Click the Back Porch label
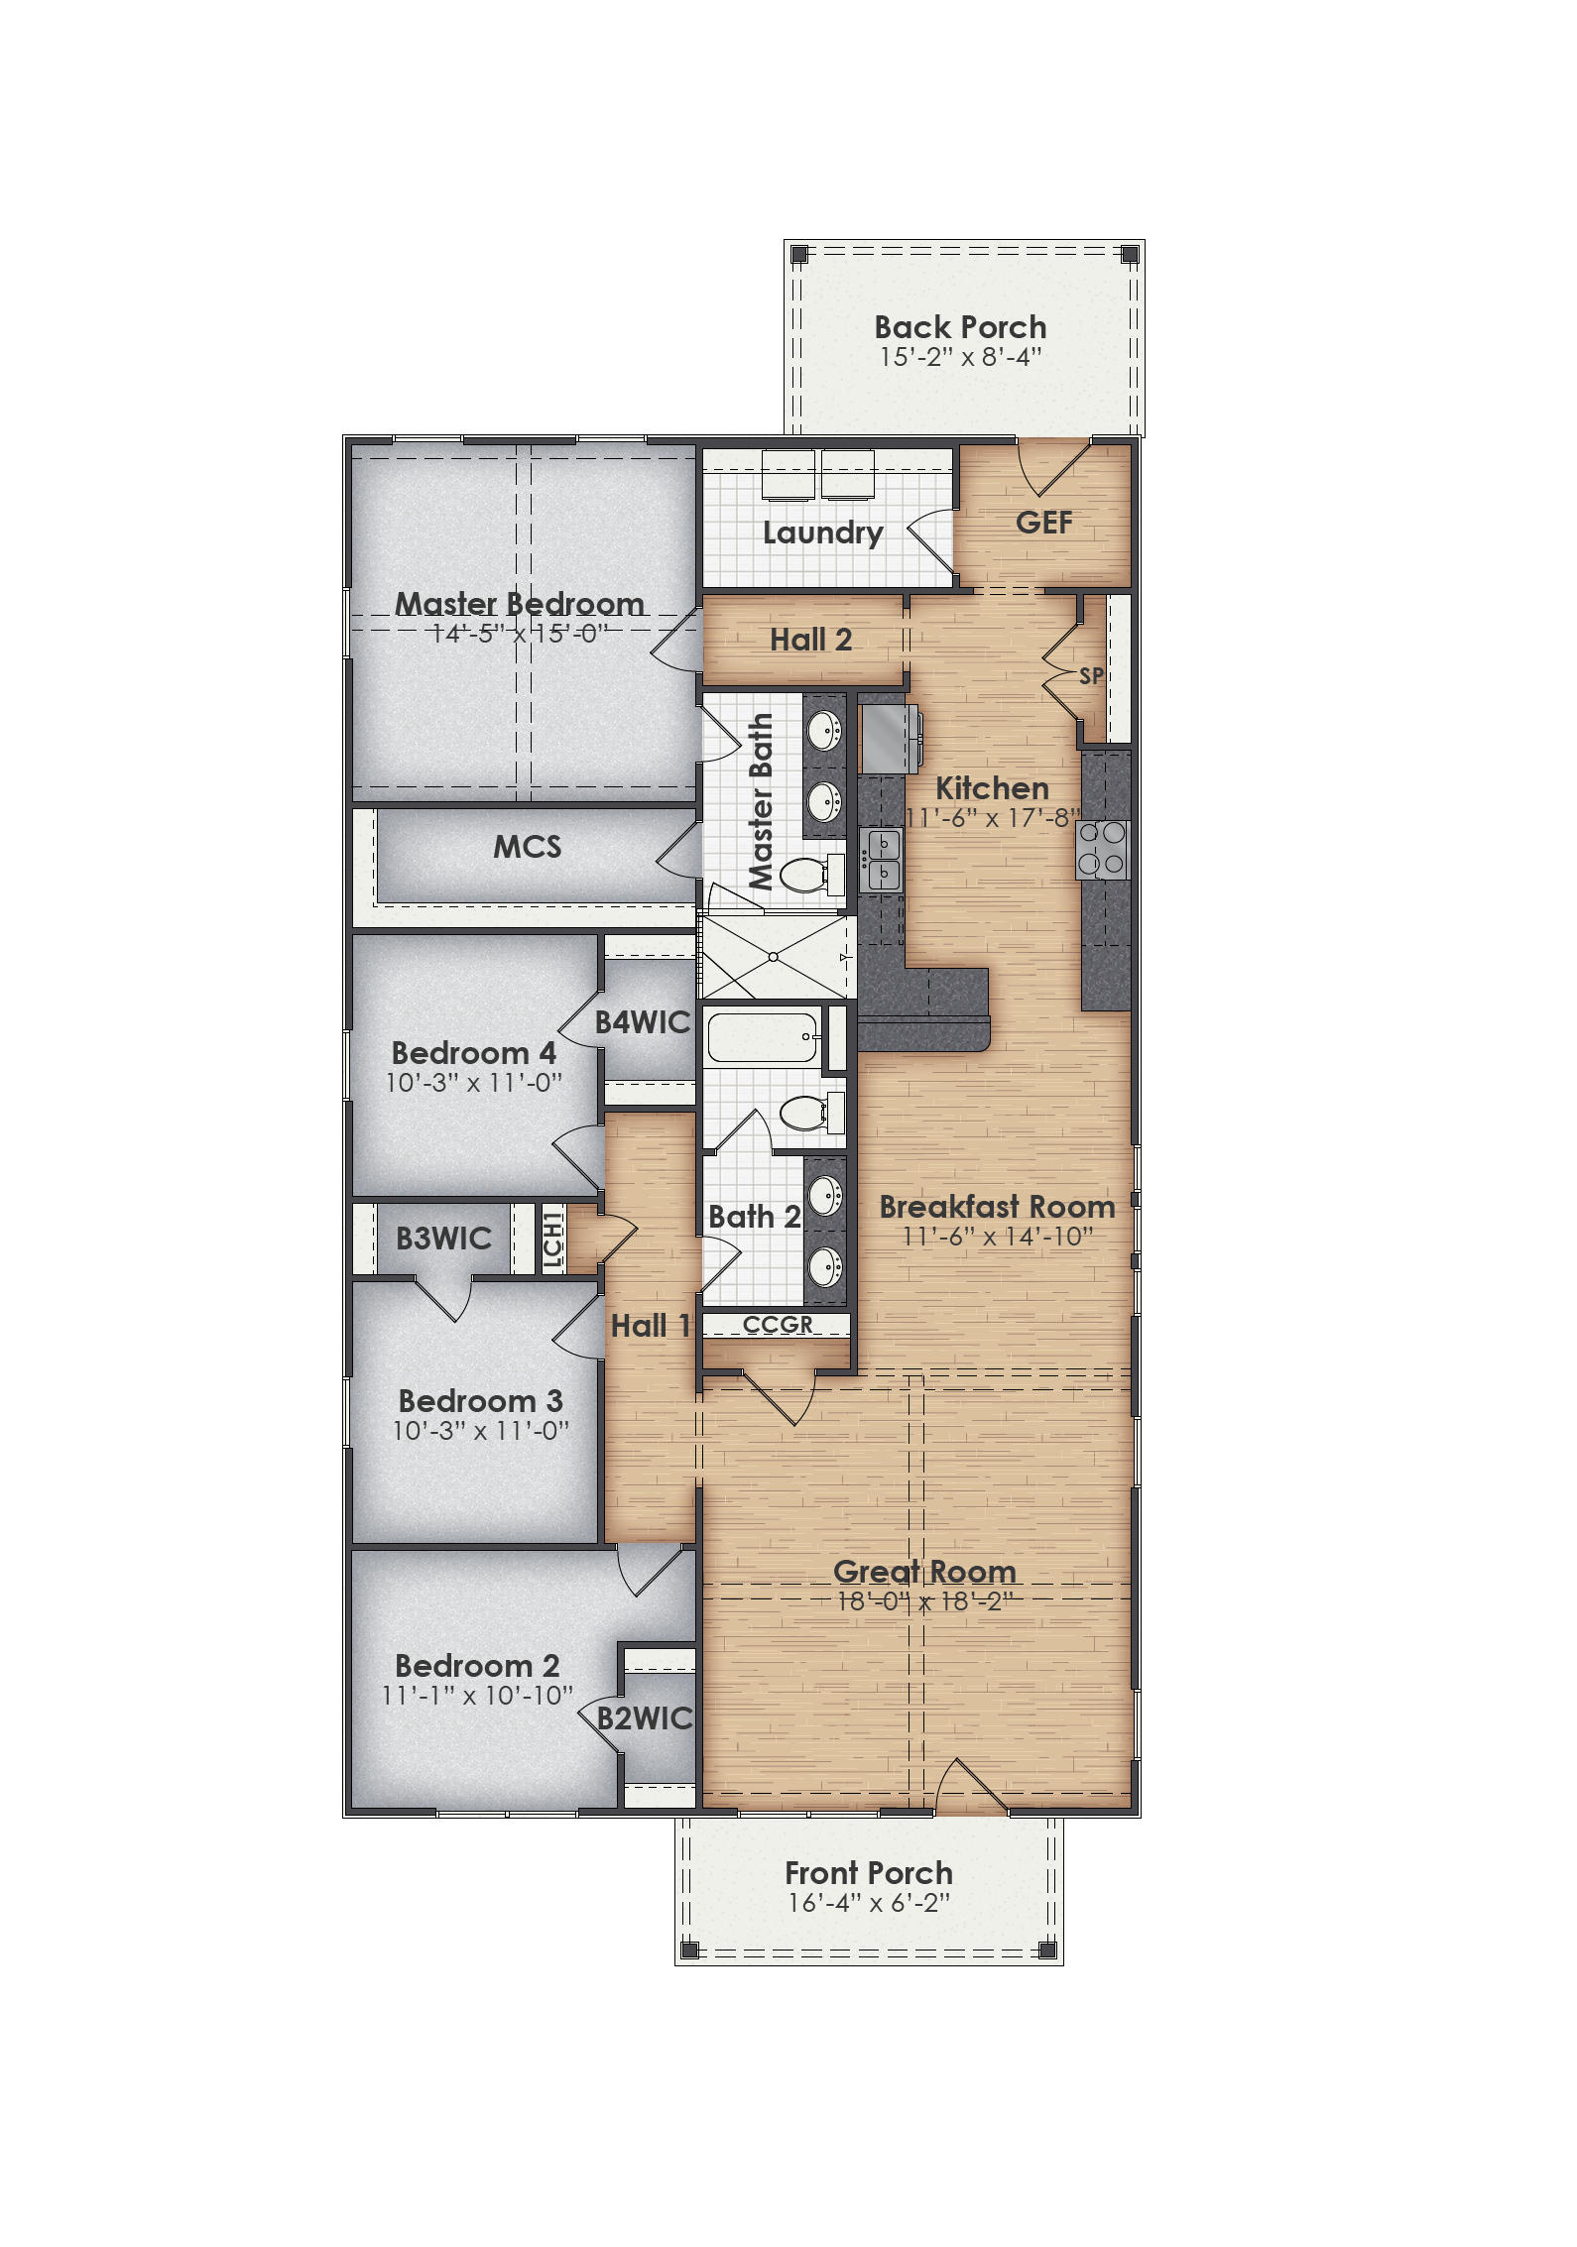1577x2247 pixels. pyautogui.click(x=959, y=327)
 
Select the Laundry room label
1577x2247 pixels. pyautogui.click(x=822, y=533)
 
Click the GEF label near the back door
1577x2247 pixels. pyautogui.click(x=1043, y=523)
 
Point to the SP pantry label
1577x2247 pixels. pyautogui.click(x=1091, y=676)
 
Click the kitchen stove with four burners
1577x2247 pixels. pyautogui.click(x=1103, y=850)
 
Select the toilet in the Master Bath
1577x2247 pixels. pyautogui.click(x=808, y=875)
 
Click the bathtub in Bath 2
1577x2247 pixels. pyautogui.click(x=762, y=1037)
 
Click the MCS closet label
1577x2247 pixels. pyautogui.click(x=527, y=847)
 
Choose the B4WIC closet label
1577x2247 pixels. pyautogui.click(x=642, y=1022)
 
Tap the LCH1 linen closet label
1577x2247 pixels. pyautogui.click(x=552, y=1239)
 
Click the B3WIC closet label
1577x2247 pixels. pyautogui.click(x=443, y=1239)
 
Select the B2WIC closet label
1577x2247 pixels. pyautogui.click(x=645, y=1718)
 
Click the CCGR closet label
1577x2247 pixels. pyautogui.click(x=778, y=1325)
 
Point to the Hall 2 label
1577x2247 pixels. pyautogui.click(x=810, y=640)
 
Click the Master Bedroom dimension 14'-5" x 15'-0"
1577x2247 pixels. pyautogui.click(x=519, y=633)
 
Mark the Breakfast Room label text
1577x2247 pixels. pyautogui.click(x=996, y=1207)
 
